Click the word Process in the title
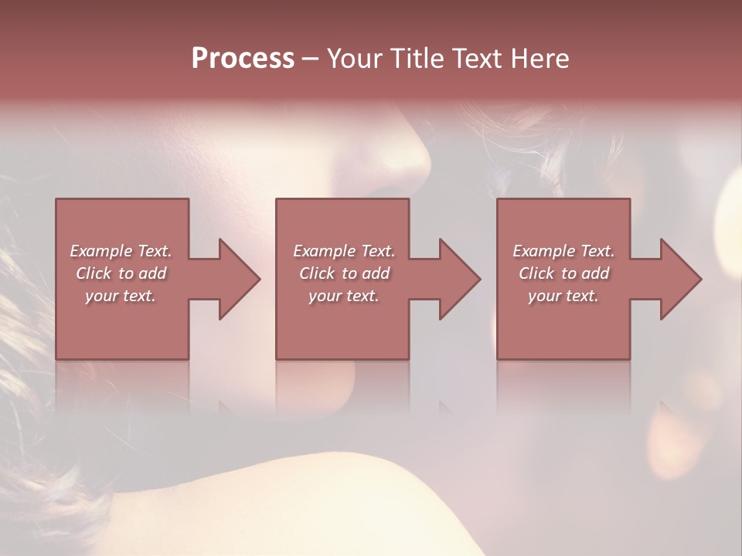[243, 59]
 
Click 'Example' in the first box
[101, 251]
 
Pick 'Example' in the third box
[544, 251]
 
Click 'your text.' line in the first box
[121, 297]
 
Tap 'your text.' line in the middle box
[343, 297]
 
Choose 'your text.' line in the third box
[563, 297]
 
